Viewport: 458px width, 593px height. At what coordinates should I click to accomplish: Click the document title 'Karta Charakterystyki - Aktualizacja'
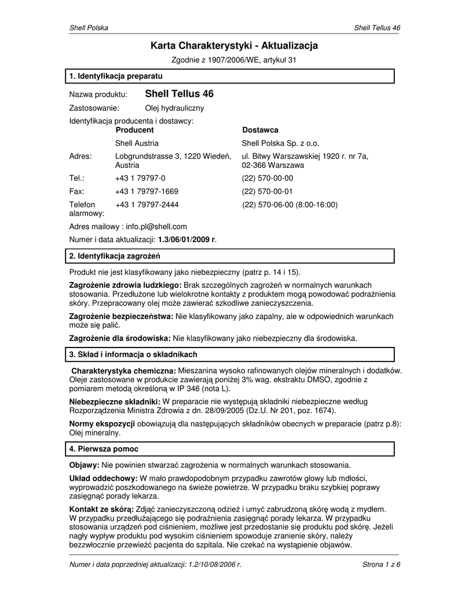pyautogui.click(x=234, y=45)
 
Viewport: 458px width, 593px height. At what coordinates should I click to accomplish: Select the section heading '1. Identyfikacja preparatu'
pyautogui.click(x=116, y=76)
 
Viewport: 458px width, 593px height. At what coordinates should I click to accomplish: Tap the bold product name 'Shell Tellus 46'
pyautogui.click(x=179, y=93)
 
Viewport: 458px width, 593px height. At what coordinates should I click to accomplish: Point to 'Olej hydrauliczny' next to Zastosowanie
pyautogui.click(x=174, y=108)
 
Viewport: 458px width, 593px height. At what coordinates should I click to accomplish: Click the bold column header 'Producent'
pyautogui.click(x=134, y=130)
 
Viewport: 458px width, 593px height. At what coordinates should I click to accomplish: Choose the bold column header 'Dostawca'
pyautogui.click(x=260, y=130)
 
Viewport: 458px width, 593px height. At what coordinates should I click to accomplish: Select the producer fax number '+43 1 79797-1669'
pyautogui.click(x=146, y=191)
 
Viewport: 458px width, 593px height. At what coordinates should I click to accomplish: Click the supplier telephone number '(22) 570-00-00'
pyautogui.click(x=268, y=178)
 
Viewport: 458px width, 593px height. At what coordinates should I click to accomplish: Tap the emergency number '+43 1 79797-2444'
pyautogui.click(x=146, y=204)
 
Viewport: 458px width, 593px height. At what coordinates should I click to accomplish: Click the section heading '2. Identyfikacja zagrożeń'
pyautogui.click(x=115, y=256)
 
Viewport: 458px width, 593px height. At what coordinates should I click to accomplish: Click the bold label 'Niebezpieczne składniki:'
pyautogui.click(x=115, y=401)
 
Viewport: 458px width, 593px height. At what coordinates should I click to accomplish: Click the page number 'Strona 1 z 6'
pyautogui.click(x=381, y=565)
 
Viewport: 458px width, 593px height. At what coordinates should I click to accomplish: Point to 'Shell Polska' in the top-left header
pyautogui.click(x=89, y=28)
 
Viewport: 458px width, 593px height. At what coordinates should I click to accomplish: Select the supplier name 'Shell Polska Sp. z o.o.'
pyautogui.click(x=280, y=143)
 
